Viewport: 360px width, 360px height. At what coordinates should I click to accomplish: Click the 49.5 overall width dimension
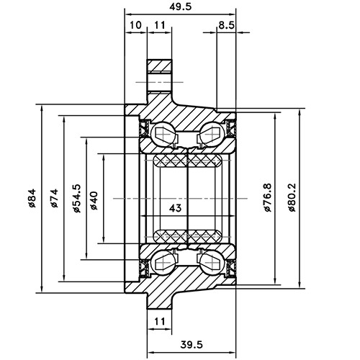[179, 6]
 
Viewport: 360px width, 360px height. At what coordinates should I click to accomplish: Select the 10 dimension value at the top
[135, 25]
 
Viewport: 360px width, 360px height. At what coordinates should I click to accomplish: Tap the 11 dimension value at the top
[159, 25]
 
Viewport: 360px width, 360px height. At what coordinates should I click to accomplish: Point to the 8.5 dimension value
[225, 25]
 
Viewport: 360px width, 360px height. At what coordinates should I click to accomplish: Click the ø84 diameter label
[33, 198]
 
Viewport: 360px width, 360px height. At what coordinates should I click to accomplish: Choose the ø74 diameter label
[55, 198]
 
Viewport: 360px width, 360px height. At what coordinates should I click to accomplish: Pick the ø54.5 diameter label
[76, 198]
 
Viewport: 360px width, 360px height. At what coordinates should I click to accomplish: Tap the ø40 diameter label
[95, 198]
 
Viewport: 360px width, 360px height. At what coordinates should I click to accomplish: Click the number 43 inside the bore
[174, 208]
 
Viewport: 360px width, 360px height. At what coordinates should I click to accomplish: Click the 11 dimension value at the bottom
[159, 320]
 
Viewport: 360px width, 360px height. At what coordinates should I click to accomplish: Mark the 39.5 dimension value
[190, 344]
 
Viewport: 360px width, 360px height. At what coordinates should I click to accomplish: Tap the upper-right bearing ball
[210, 133]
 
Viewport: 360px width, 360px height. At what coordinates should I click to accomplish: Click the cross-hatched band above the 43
[188, 160]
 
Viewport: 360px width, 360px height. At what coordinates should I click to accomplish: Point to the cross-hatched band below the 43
[188, 235]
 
